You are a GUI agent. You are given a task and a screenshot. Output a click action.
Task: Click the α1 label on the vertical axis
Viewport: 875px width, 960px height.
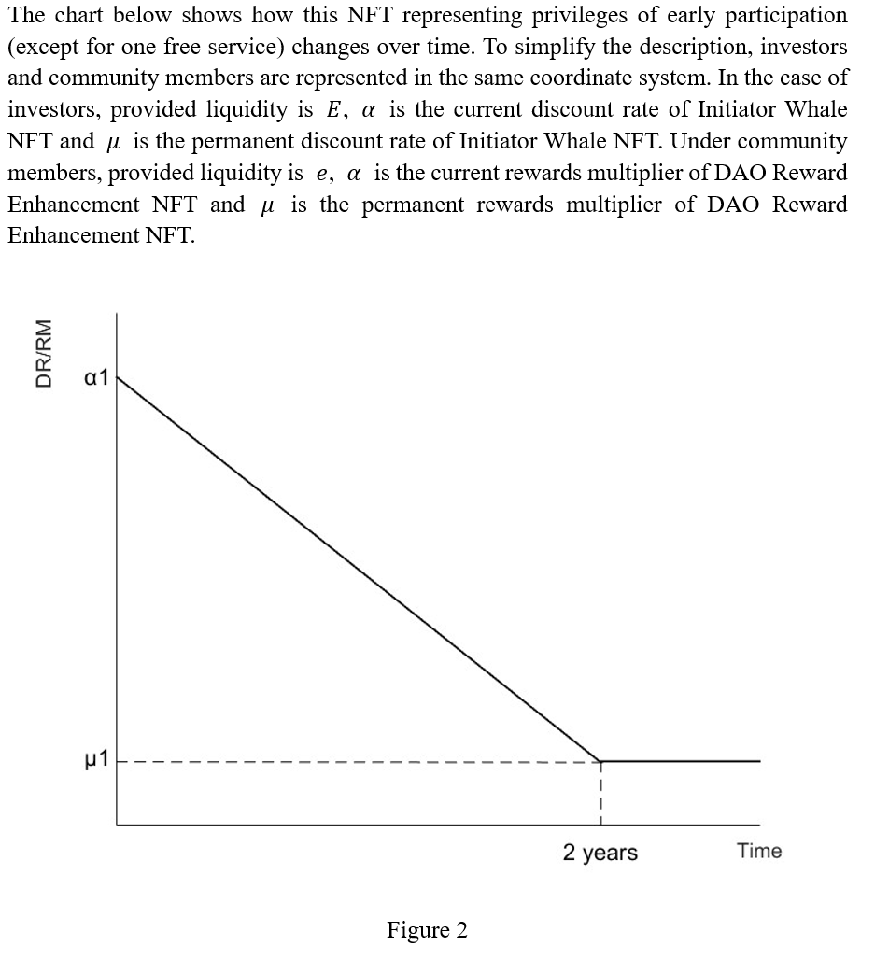pyautogui.click(x=96, y=377)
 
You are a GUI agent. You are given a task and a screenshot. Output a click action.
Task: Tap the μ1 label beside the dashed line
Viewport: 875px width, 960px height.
pyautogui.click(x=96, y=761)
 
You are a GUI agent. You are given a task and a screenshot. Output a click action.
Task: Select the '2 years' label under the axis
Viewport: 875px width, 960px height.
pyautogui.click(x=600, y=852)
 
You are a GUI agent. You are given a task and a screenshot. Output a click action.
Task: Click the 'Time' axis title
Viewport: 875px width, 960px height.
pyautogui.click(x=758, y=851)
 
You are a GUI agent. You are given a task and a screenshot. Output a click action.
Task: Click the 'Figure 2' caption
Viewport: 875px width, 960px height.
pyautogui.click(x=427, y=930)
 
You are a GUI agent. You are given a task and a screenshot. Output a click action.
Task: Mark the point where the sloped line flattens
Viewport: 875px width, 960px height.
pyautogui.click(x=600, y=761)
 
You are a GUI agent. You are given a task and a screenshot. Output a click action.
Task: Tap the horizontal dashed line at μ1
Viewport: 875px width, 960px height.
pyautogui.click(x=355, y=762)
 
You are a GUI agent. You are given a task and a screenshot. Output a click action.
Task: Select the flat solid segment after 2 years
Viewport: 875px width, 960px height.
pyautogui.click(x=682, y=761)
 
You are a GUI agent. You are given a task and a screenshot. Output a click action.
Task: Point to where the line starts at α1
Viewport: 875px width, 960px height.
pyautogui.click(x=118, y=377)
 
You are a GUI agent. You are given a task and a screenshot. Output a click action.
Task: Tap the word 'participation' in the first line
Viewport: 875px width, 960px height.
pyautogui.click(x=782, y=16)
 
